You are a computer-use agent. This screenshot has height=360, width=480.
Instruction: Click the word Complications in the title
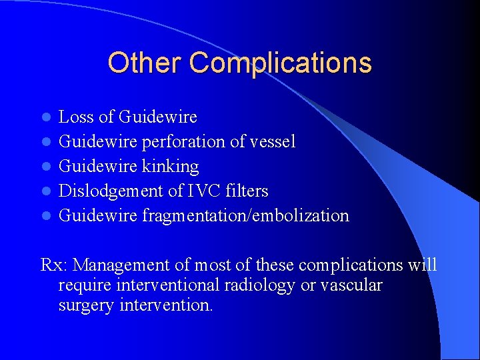[x=280, y=63]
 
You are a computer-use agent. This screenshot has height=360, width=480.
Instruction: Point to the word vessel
[x=272, y=142]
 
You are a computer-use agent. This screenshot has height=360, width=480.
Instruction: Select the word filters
[x=247, y=191]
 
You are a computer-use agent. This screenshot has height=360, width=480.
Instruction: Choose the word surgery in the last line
[x=86, y=307]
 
